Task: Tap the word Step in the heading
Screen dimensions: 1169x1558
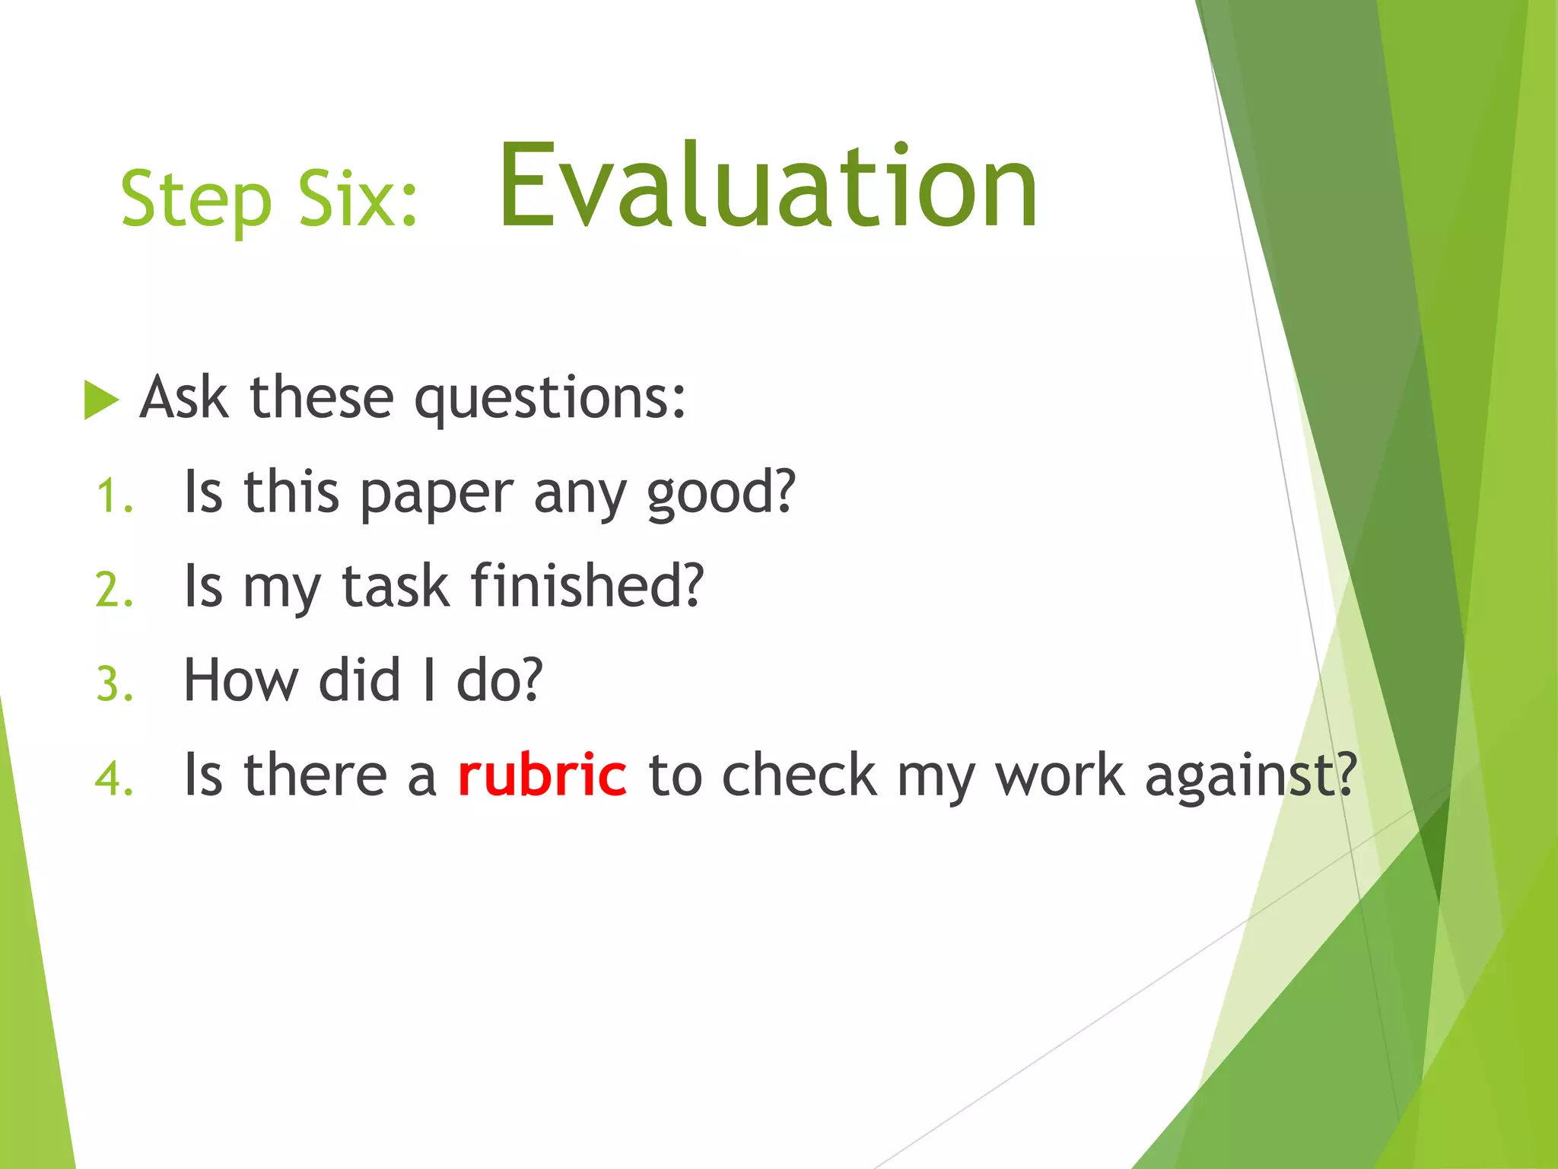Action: [196, 199]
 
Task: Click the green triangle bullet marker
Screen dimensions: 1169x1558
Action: [100, 400]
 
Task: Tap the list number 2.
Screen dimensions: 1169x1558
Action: [115, 590]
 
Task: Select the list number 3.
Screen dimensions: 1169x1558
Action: [115, 683]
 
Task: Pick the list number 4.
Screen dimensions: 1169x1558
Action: [115, 779]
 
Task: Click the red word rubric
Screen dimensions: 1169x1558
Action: [542, 775]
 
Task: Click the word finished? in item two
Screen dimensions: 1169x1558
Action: [587, 586]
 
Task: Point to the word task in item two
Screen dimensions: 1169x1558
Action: [395, 588]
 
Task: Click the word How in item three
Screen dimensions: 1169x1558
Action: [241, 680]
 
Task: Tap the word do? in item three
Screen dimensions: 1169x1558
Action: [499, 680]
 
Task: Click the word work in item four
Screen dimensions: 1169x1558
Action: [1060, 775]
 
